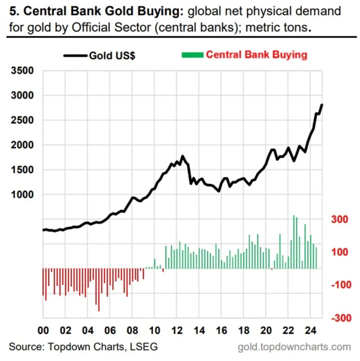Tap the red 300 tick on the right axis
[x=338, y=219]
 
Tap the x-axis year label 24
[x=309, y=331]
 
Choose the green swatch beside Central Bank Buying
[x=191, y=55]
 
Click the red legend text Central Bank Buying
[x=256, y=55]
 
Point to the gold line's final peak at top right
[x=322, y=104]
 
